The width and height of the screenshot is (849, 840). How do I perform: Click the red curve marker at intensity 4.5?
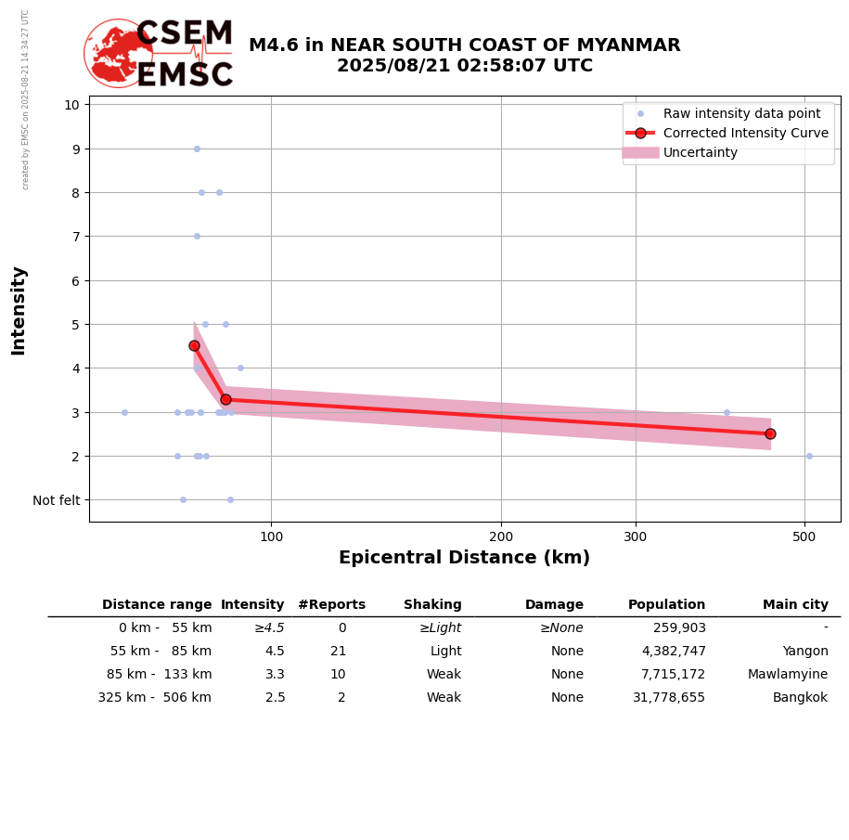coord(194,345)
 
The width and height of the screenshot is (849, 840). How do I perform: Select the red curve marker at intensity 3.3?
coord(225,399)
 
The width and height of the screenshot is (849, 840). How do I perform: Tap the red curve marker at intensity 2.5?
coord(770,433)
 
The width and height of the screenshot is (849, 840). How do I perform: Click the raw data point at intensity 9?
coord(197,149)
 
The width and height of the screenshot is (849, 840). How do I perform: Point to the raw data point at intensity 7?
coord(197,236)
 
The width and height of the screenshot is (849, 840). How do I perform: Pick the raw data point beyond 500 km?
coord(809,456)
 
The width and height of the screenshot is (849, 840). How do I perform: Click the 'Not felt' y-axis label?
coord(57,500)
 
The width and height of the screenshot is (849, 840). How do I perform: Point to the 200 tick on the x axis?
coord(501,536)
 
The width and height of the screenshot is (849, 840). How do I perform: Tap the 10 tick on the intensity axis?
coord(71,104)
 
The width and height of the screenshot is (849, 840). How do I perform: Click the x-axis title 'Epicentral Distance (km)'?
coord(464,558)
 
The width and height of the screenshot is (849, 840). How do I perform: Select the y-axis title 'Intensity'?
coord(19,310)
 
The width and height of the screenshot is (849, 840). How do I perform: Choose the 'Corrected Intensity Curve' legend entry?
coord(745,133)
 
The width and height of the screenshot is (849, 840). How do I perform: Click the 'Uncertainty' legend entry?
coord(701,152)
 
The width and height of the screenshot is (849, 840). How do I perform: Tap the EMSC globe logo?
coord(118,53)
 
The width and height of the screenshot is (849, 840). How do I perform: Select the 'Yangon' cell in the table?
coord(804,652)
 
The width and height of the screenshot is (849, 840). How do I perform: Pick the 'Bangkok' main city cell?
coord(801,698)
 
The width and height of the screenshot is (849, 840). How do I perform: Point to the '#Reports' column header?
coord(331,605)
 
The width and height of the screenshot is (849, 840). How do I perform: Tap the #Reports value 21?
coord(338,652)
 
